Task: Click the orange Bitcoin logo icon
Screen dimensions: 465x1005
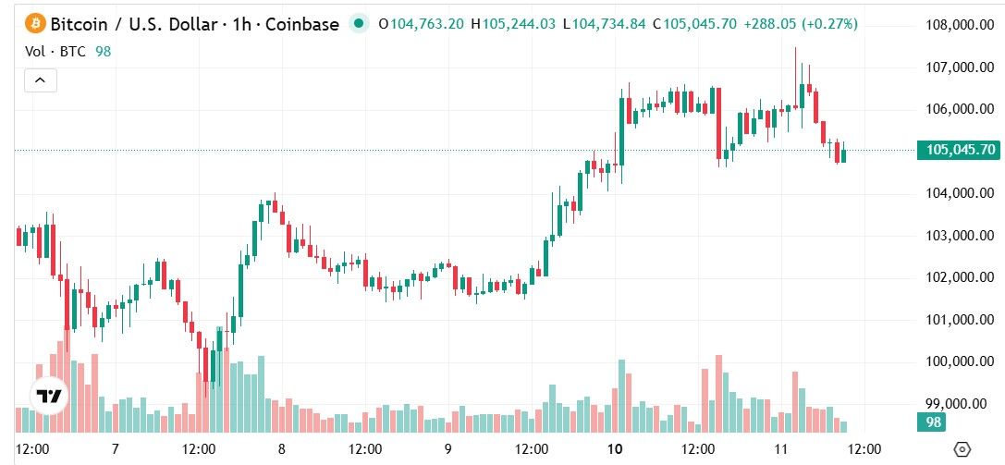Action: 34,23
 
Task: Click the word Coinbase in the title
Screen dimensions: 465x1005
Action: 303,23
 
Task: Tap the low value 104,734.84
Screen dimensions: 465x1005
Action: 611,23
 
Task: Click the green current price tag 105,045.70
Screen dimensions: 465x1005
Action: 958,150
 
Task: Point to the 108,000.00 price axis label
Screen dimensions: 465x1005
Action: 961,25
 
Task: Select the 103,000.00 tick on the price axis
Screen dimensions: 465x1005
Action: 961,236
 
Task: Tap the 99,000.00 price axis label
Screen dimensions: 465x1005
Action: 961,404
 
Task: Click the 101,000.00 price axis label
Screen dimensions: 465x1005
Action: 961,320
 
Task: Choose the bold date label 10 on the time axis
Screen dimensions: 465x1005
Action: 615,449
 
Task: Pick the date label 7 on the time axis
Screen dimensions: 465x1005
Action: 116,449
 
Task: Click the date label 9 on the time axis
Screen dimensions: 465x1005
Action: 447,449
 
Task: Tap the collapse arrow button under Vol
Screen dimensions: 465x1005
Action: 41,80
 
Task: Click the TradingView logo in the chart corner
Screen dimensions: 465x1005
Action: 49,397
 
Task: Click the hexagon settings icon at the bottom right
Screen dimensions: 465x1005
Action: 962,449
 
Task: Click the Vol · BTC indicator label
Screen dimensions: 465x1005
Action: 55,52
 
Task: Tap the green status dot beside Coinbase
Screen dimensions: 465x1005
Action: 361,23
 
